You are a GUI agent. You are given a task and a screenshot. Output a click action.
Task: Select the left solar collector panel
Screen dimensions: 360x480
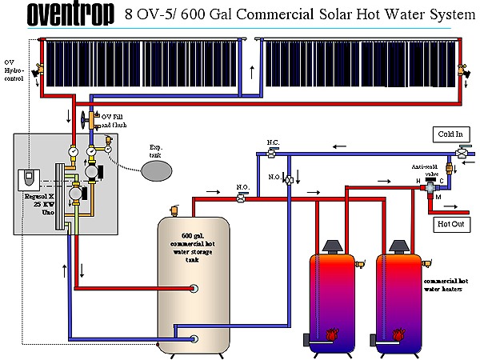[x=143, y=63]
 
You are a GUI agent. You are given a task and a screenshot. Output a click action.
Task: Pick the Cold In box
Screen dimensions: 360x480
[x=450, y=134]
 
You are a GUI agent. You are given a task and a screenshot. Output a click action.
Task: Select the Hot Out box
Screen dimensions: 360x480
[x=450, y=224]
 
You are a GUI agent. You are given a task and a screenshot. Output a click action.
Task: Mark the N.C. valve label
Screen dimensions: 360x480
[x=273, y=142]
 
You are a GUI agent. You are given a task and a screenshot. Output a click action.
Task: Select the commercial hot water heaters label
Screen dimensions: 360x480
[x=446, y=286]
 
